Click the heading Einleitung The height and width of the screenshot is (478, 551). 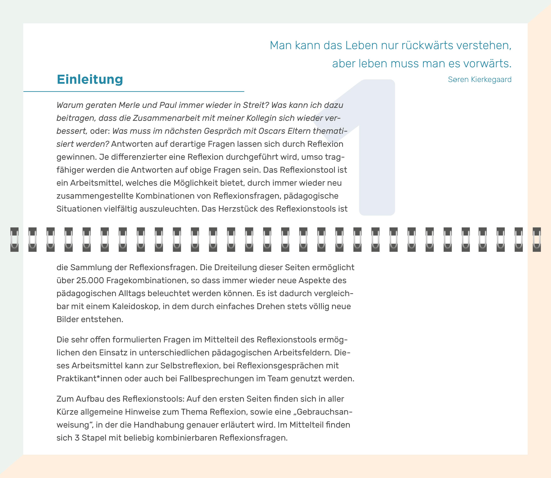click(90, 80)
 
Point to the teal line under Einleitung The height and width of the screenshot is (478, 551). click(133, 92)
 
